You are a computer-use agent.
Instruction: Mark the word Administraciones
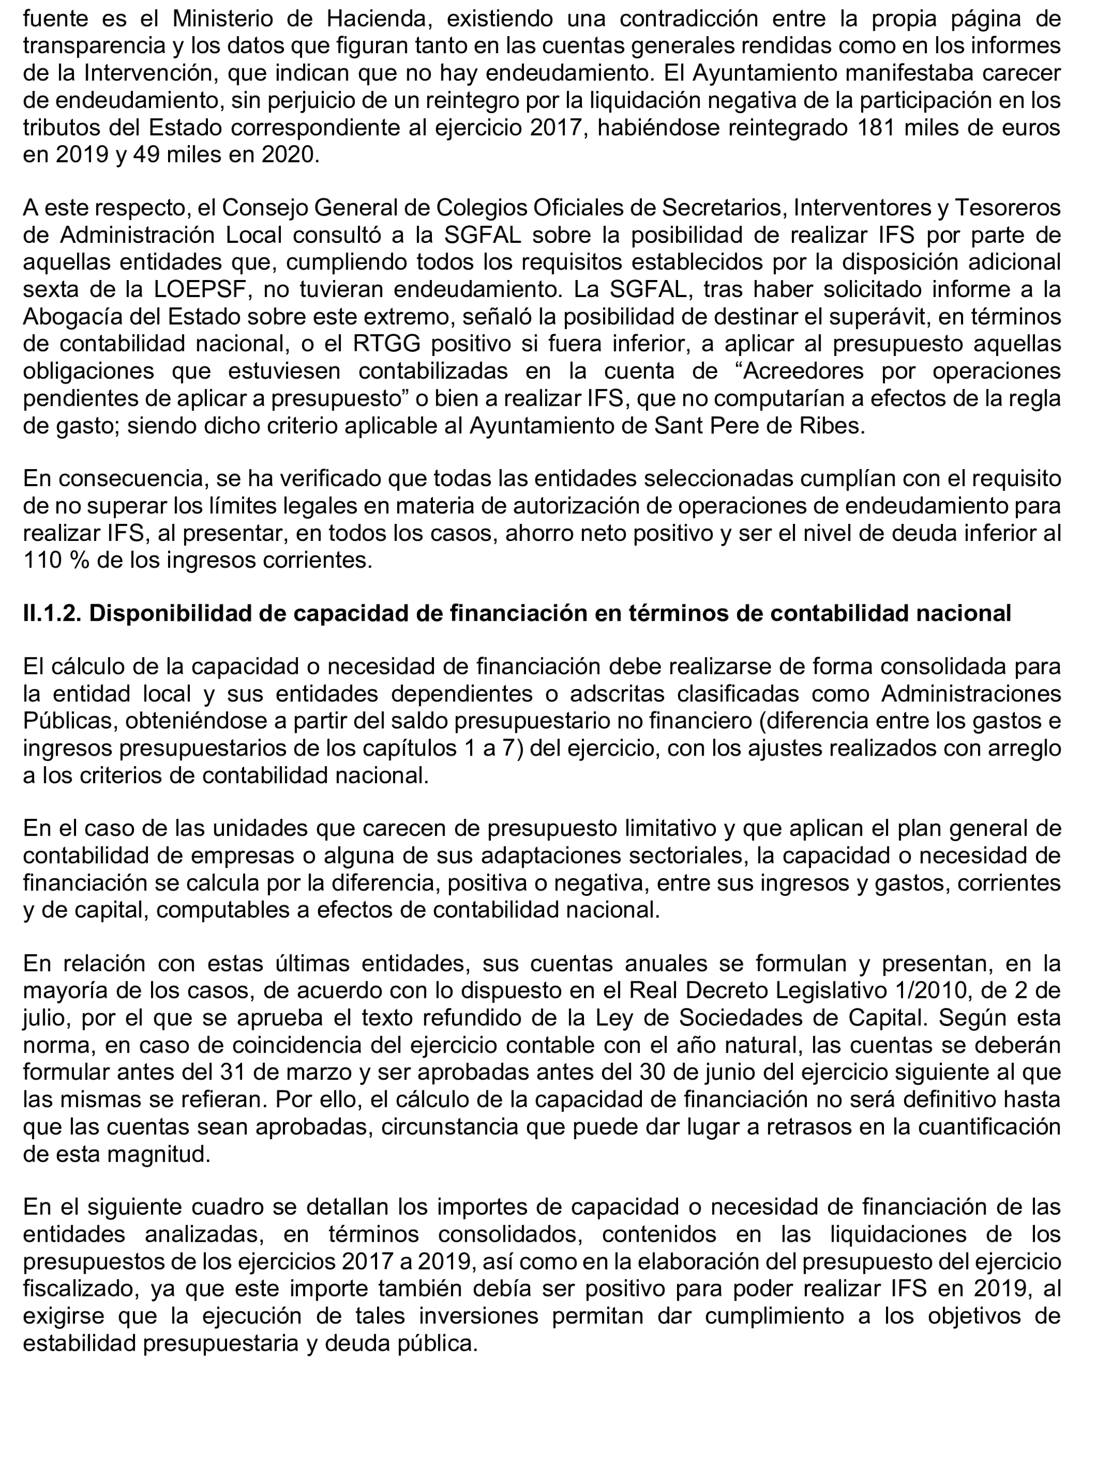pos(971,694)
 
